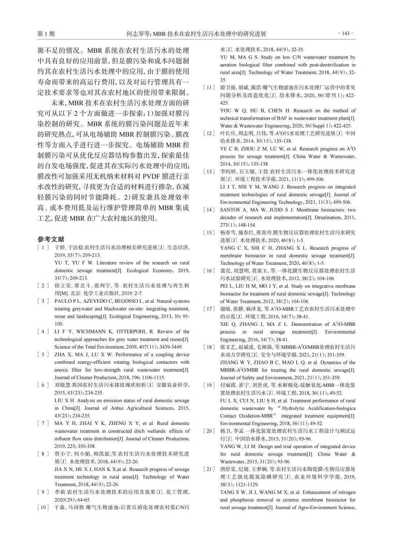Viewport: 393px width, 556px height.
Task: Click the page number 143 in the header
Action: click(346, 33)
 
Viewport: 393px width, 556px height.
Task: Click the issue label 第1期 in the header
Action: click(46, 34)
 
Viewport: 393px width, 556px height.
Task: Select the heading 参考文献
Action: click(51, 239)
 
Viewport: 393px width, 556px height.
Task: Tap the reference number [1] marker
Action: click(43, 247)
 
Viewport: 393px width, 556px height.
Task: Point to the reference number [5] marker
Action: click(43, 354)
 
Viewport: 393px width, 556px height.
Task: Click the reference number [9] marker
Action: click(43, 492)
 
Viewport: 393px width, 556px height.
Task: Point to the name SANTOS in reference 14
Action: click(230, 210)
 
